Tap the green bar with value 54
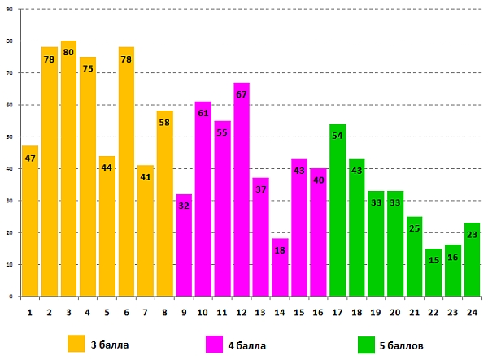point(338,211)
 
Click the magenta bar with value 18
point(280,268)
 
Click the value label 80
point(68,52)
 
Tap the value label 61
point(203,113)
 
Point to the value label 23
point(472,234)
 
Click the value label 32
point(184,206)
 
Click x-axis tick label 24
point(472,312)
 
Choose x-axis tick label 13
point(260,312)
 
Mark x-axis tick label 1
point(30,312)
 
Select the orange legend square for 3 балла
point(76,344)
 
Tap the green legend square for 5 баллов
point(366,344)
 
